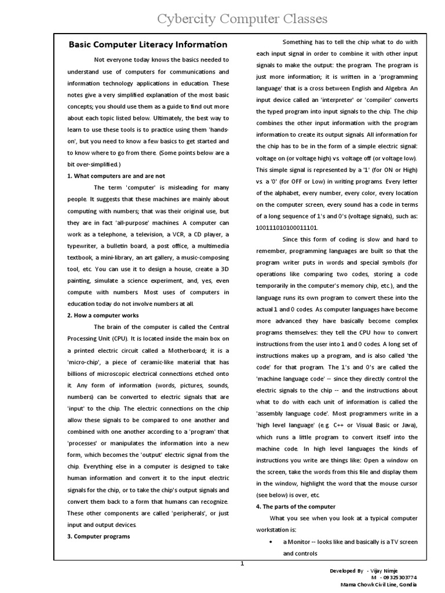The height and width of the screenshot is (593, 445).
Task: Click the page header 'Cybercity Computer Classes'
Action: pos(243,19)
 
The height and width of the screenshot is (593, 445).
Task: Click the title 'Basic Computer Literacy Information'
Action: pos(148,45)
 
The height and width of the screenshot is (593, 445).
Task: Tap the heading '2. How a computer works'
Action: pos(103,316)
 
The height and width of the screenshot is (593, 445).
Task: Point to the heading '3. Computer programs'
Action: pos(99,536)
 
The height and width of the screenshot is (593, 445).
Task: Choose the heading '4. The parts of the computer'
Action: pos(296,506)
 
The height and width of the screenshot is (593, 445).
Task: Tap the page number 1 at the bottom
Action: pos(243,564)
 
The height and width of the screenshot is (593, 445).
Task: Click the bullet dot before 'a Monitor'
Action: pos(272,541)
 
